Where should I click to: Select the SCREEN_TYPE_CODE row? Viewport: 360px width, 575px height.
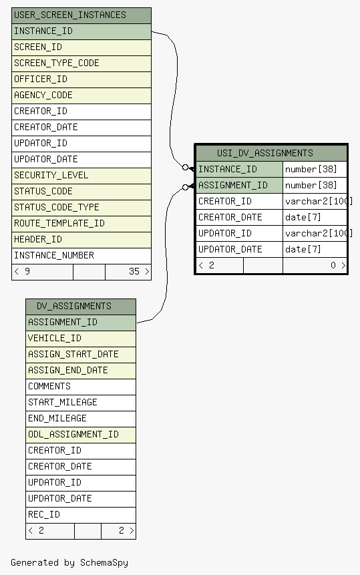[x=81, y=63]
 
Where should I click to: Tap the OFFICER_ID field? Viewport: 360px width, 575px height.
[x=81, y=79]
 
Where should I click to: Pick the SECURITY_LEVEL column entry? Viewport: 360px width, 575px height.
[x=81, y=176]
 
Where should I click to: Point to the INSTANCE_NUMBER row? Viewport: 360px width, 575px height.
[x=81, y=256]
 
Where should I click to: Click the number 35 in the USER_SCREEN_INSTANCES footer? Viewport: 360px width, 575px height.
[x=134, y=271]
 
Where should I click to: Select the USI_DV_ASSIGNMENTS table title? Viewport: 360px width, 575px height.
[x=265, y=154]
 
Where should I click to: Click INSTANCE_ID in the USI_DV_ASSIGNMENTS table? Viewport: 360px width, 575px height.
[x=227, y=170]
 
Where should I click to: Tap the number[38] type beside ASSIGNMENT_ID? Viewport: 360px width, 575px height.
[x=311, y=185]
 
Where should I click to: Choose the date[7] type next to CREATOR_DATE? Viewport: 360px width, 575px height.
[x=303, y=218]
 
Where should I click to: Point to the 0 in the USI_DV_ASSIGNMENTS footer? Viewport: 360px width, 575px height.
[x=333, y=266]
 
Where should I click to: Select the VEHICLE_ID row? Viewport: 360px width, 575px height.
[x=81, y=339]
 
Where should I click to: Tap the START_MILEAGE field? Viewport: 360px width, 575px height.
[x=81, y=403]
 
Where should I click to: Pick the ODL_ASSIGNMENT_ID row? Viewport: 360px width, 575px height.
[x=81, y=435]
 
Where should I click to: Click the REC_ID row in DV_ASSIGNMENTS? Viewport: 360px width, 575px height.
[x=81, y=515]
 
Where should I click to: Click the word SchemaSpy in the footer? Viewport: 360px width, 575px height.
[x=104, y=563]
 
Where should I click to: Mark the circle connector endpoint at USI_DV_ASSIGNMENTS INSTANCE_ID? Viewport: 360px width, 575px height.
[x=186, y=168]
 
